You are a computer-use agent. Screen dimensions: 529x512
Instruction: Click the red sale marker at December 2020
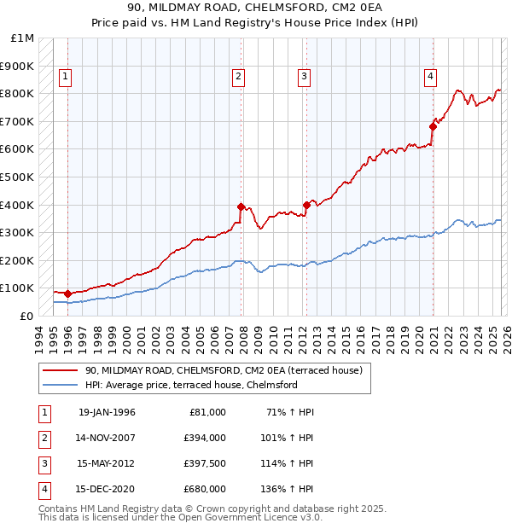[433, 127]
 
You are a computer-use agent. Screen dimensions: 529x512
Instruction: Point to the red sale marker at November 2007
[241, 206]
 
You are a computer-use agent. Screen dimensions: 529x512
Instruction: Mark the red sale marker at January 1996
[67, 294]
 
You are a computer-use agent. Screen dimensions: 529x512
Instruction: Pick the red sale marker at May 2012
[306, 205]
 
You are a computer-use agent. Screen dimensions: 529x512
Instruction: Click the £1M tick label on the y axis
[23, 38]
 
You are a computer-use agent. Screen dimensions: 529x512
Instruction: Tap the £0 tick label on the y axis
[26, 316]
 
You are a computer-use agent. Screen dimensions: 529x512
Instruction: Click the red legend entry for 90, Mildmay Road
[224, 370]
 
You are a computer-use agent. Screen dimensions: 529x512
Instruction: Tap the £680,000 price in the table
[206, 489]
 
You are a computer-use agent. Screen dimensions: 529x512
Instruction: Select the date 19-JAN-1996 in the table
[107, 412]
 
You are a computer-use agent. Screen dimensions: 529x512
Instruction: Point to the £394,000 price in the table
[206, 438]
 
